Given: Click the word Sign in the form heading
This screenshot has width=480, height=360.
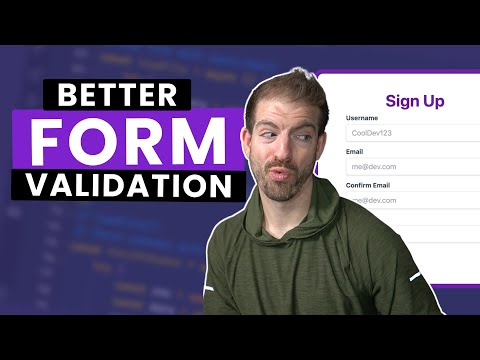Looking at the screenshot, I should [x=403, y=100].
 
